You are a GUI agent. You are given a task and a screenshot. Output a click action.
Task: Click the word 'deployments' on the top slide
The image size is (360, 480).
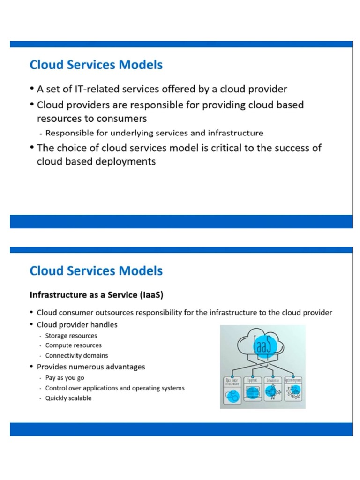point(124,162)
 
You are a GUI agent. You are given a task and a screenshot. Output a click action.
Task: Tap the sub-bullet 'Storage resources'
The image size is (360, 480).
point(71,336)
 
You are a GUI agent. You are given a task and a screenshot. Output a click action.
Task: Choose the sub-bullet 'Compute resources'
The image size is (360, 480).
point(73,345)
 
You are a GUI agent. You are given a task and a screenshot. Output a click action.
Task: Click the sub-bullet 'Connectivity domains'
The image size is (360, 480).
point(76,355)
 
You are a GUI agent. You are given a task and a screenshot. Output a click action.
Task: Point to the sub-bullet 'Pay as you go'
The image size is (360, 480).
point(65,378)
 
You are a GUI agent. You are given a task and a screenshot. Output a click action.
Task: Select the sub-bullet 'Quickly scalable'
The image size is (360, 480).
point(68,398)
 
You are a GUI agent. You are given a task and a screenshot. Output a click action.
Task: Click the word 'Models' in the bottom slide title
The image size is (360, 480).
point(142,270)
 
